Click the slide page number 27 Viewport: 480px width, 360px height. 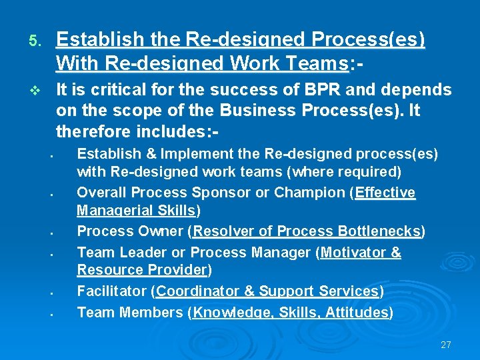(x=446, y=345)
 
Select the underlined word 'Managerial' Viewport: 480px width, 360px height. (x=113, y=211)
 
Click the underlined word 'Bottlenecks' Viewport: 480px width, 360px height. (x=379, y=231)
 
